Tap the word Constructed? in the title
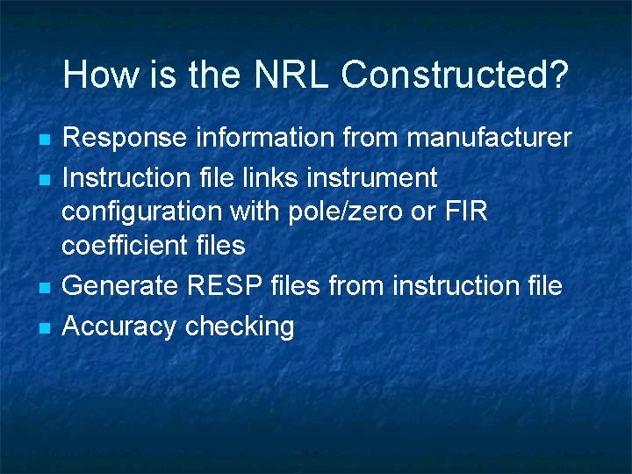[x=455, y=75]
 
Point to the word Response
[x=125, y=138]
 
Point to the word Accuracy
[x=120, y=327]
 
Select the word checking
[x=240, y=327]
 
